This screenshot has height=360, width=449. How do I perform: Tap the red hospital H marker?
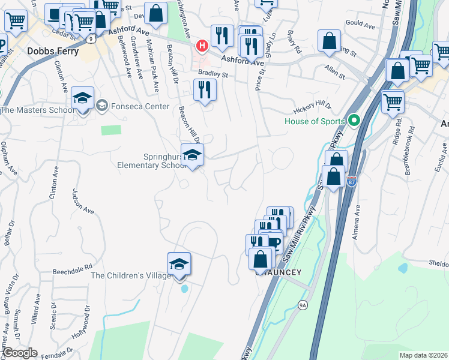(x=202, y=45)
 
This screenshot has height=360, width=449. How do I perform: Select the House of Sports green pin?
(x=354, y=120)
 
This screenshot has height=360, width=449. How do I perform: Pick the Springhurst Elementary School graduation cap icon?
(x=192, y=155)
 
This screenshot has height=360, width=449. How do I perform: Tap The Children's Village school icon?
(x=179, y=264)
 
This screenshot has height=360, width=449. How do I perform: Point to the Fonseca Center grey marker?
(x=101, y=106)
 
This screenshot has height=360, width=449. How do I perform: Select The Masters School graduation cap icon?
(x=82, y=98)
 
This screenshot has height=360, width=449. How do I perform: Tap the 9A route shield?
(x=303, y=305)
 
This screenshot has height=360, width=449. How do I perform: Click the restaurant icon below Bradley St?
(x=205, y=90)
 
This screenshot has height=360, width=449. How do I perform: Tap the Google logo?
(x=20, y=353)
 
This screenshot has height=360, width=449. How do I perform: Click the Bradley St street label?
(x=214, y=75)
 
